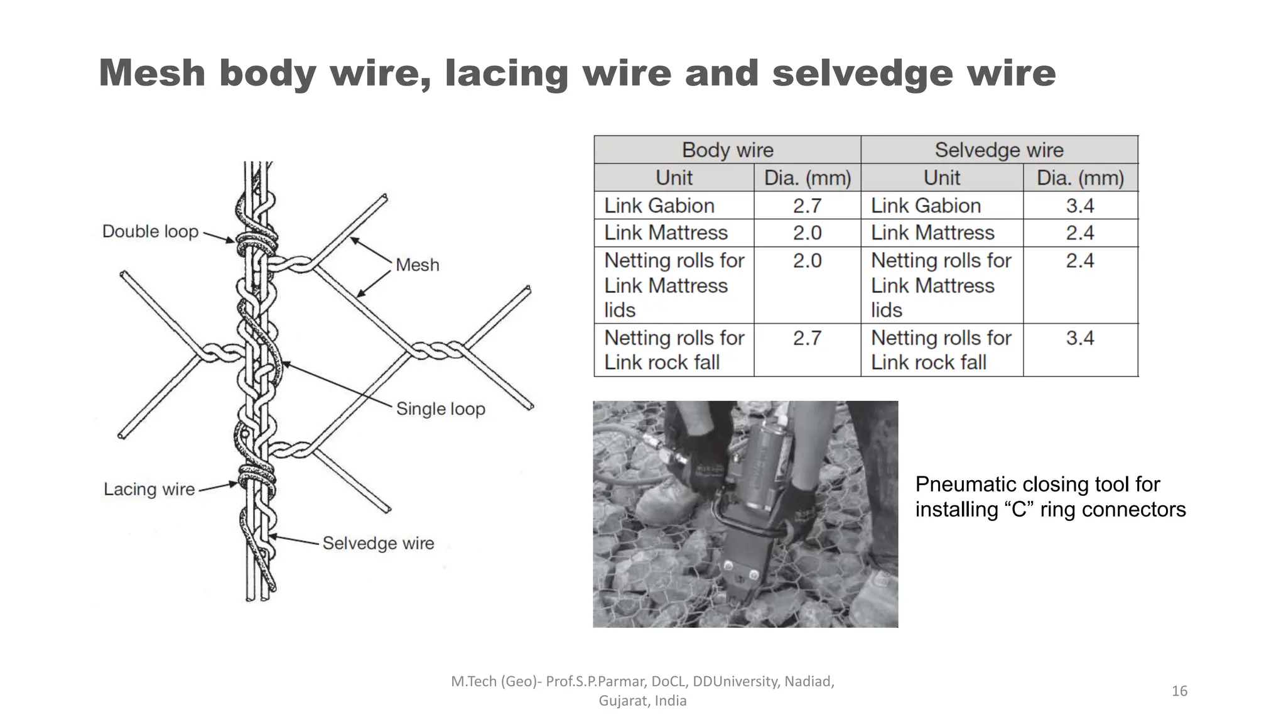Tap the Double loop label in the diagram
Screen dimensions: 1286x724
coord(150,231)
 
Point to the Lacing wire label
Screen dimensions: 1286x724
coord(149,489)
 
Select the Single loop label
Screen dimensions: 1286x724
coord(441,409)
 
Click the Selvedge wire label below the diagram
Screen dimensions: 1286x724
coord(378,543)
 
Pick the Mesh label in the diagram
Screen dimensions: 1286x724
coord(418,265)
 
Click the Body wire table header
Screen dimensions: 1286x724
coord(728,150)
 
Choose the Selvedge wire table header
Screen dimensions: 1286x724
coord(999,150)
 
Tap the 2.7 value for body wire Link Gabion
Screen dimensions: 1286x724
coord(807,206)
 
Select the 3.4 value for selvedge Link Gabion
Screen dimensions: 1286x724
coord(1080,206)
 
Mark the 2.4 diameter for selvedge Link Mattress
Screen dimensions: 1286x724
coord(1080,233)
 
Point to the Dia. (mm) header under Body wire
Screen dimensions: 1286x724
coord(808,178)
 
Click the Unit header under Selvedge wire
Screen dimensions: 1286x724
coord(942,178)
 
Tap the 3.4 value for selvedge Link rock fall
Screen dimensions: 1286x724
coord(1080,337)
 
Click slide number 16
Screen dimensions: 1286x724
coord(1179,691)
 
